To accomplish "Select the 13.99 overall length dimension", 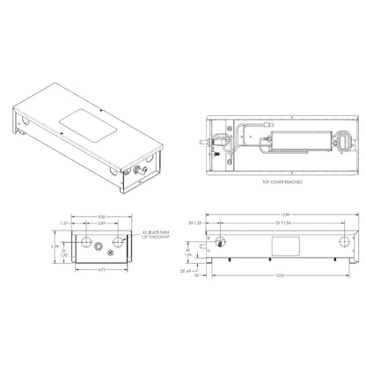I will tap(274, 191).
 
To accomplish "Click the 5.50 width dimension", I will tap(102, 191).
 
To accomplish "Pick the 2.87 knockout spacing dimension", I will tap(103, 201).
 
